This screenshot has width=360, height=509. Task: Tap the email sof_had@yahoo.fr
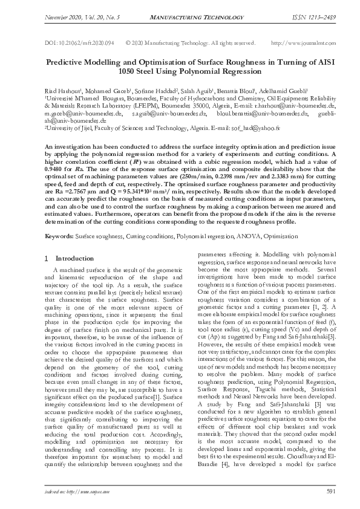(x=263, y=128)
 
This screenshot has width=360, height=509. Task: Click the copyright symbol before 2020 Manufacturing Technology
(x=129, y=42)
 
